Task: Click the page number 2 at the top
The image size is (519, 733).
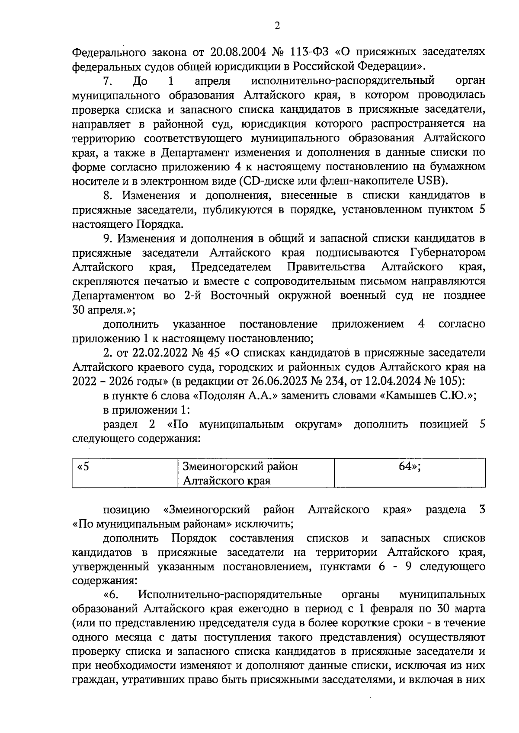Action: pyautogui.click(x=277, y=26)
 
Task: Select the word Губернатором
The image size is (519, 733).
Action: pyautogui.click(x=446, y=252)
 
